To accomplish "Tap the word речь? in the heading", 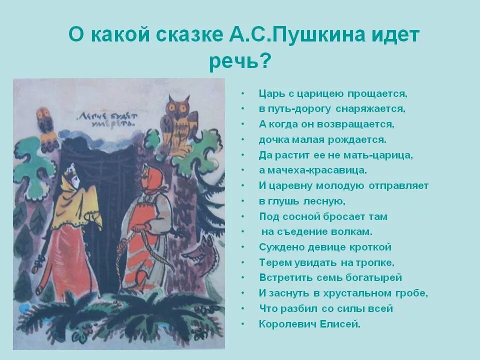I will point(240,62).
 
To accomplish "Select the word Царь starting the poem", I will point(270,93).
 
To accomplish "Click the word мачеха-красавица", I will point(318,170).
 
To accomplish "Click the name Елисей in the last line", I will point(344,324).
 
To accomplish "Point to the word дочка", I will point(273,139).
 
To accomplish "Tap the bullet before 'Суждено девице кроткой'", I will point(243,247).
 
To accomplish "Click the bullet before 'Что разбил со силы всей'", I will point(243,309).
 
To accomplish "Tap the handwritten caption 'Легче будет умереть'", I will point(106,120).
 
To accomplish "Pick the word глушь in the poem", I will point(292,201).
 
